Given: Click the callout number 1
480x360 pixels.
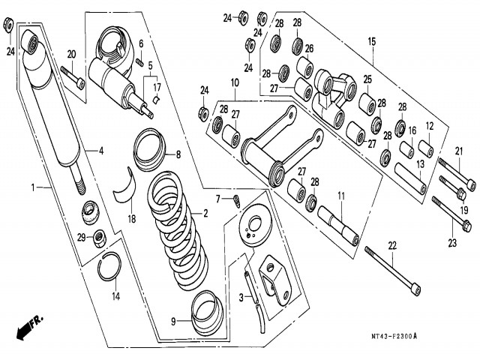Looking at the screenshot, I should [x=33, y=186].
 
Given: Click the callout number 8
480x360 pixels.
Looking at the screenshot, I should [x=178, y=155].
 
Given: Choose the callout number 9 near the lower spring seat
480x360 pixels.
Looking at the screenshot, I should [x=172, y=321].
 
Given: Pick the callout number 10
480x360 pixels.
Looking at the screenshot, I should [x=235, y=82].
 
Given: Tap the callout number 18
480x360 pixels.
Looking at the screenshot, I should [x=131, y=219].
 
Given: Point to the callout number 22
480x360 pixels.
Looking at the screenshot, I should [x=391, y=244].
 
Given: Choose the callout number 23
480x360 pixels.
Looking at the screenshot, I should [x=452, y=242].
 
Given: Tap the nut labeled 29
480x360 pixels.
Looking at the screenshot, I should [x=97, y=239].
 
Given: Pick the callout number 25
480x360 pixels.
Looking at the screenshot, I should [x=368, y=79].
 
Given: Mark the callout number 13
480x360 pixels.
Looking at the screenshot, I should [x=421, y=163].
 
